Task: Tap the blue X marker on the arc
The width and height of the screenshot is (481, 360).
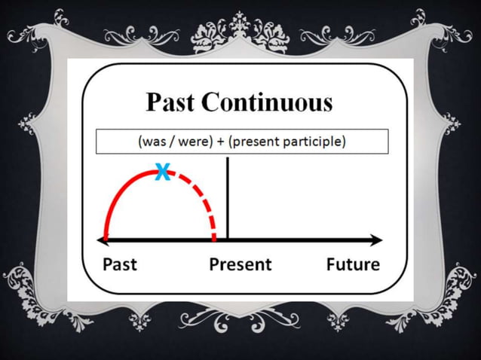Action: (161, 173)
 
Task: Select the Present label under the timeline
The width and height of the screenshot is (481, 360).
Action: (240, 264)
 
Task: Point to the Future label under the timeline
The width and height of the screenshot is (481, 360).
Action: (353, 264)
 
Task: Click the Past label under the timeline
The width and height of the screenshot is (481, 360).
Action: (120, 264)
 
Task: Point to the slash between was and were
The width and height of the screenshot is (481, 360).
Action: (173, 142)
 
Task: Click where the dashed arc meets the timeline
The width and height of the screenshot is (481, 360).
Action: (215, 239)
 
